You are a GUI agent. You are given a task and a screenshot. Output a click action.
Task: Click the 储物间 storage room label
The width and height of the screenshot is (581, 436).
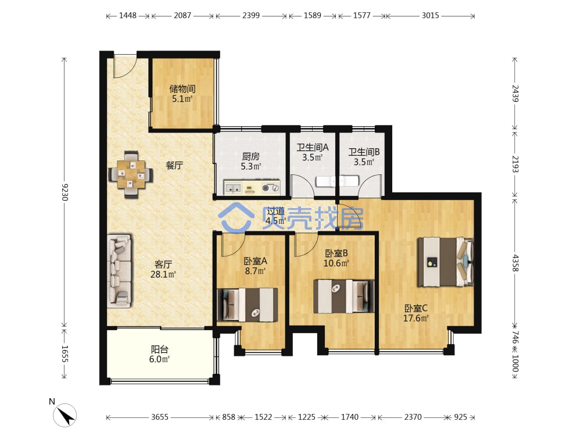[182, 89]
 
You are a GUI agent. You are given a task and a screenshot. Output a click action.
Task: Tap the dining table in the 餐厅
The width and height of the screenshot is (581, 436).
[131, 174]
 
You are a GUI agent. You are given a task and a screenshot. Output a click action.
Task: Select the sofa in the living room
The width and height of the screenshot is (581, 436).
[119, 271]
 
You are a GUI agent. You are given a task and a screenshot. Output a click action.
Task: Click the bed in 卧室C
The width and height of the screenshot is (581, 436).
[446, 262]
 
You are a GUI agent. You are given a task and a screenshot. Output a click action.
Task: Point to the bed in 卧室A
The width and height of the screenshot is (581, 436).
[247, 305]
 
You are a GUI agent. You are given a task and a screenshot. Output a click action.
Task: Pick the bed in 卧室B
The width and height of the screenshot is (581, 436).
[344, 296]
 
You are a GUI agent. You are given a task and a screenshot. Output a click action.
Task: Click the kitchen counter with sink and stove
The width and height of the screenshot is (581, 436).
[252, 187]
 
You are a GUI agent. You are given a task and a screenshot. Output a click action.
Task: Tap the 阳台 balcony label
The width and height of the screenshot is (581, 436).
[160, 349]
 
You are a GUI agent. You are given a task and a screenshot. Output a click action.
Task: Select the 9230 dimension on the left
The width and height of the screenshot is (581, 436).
[64, 192]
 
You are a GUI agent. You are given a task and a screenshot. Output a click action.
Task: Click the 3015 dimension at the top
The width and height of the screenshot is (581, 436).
[430, 16]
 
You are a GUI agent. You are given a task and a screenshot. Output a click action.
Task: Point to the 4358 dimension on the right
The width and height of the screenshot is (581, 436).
[515, 263]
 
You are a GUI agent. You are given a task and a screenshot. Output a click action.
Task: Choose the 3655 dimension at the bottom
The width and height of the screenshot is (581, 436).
[160, 417]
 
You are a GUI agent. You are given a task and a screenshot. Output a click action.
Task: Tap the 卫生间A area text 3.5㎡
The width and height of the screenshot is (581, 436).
[313, 157]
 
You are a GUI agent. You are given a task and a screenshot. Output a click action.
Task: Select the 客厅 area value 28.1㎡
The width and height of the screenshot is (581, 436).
[163, 274]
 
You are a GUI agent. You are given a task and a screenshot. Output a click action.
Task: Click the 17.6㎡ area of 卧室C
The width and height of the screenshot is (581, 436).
[416, 318]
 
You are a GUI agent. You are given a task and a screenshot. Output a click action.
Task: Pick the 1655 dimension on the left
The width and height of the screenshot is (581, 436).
[64, 353]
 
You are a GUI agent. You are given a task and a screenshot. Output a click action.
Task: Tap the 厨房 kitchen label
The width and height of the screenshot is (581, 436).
[251, 156]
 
